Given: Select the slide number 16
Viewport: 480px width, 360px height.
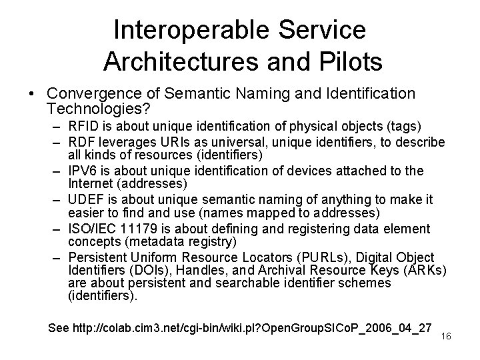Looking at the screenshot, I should [446, 336].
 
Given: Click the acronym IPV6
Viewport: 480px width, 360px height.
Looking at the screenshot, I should [83, 171].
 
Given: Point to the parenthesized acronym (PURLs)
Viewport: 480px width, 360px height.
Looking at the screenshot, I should [327, 258].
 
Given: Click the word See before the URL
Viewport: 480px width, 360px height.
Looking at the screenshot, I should [59, 327].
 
